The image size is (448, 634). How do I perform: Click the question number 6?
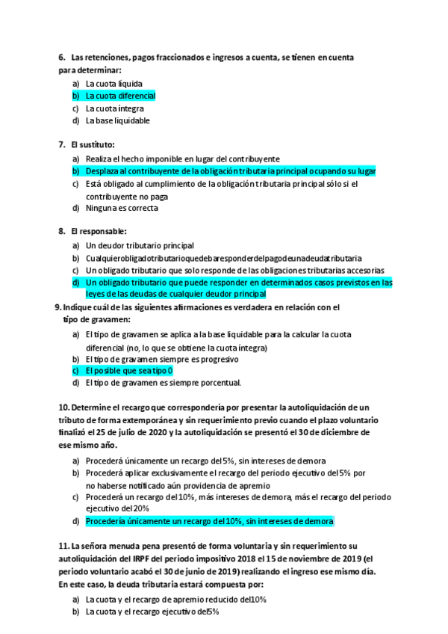[61, 58]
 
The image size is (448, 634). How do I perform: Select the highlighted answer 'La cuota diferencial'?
[120, 96]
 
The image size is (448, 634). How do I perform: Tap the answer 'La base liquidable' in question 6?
[118, 120]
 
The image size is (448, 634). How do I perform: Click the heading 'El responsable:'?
[99, 231]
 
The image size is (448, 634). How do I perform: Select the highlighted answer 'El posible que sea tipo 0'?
[129, 370]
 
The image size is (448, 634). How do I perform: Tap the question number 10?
[63, 407]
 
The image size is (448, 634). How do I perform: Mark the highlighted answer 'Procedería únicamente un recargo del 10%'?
[210, 520]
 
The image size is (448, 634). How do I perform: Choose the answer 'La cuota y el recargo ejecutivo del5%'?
[152, 612]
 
